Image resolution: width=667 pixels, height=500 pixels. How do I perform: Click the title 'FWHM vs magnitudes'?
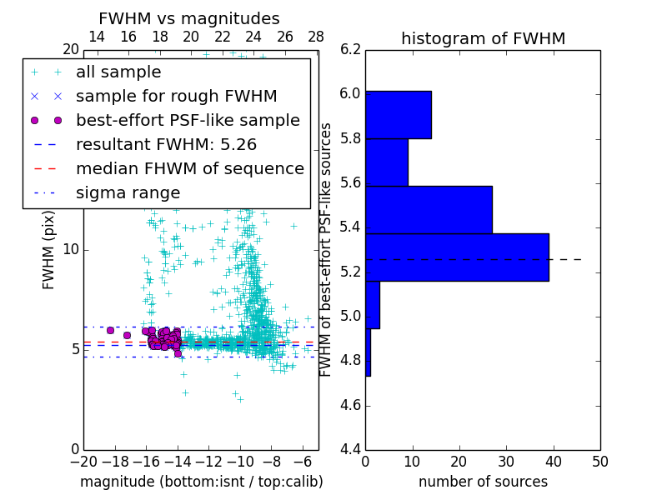pyautogui.click(x=189, y=18)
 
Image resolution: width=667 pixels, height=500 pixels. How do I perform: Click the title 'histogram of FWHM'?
pyautogui.click(x=483, y=38)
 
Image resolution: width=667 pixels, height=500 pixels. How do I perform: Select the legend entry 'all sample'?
pyautogui.click(x=118, y=72)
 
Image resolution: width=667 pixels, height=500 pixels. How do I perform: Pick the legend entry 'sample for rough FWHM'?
pyautogui.click(x=176, y=96)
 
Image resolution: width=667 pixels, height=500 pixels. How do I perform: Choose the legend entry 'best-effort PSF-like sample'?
pyautogui.click(x=188, y=120)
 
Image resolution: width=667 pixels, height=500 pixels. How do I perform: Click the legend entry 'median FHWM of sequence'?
pyautogui.click(x=189, y=168)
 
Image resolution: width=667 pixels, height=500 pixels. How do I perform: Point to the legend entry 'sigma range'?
pyautogui.click(x=128, y=192)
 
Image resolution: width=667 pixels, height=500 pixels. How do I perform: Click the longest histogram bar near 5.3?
pyautogui.click(x=457, y=257)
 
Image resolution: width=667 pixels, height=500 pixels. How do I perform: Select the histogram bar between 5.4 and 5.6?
pyautogui.click(x=429, y=209)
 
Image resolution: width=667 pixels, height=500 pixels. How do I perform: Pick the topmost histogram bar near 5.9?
pyautogui.click(x=398, y=114)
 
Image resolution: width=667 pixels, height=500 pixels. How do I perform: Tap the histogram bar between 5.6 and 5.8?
pyautogui.click(x=386, y=162)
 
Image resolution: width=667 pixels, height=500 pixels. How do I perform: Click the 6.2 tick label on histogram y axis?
pyautogui.click(x=351, y=49)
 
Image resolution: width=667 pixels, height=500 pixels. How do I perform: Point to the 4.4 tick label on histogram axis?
pyautogui.click(x=351, y=450)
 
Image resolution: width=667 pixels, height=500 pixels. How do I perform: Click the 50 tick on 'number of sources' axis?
pyautogui.click(x=599, y=462)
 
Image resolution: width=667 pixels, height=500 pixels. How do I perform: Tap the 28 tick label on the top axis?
pyautogui.click(x=316, y=37)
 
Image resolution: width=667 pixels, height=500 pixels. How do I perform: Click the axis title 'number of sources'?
pyautogui.click(x=483, y=482)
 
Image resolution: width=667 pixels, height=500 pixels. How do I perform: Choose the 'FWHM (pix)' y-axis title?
pyautogui.click(x=49, y=251)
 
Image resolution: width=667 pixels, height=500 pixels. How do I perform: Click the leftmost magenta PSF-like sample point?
pyautogui.click(x=110, y=330)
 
